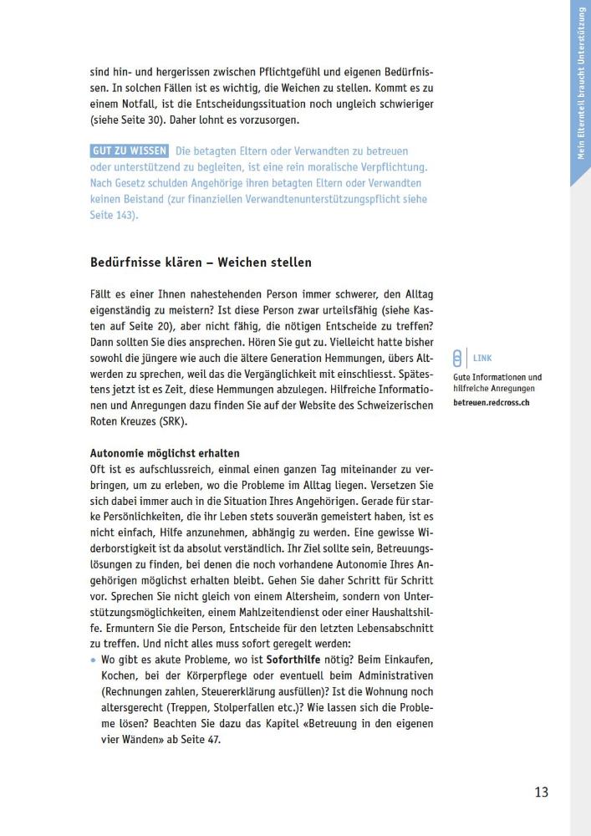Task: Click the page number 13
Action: coord(541,792)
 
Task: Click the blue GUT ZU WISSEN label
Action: coord(129,151)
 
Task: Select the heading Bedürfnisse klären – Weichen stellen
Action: coord(201,262)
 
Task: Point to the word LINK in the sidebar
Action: coord(482,358)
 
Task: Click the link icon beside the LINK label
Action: coord(456,359)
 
